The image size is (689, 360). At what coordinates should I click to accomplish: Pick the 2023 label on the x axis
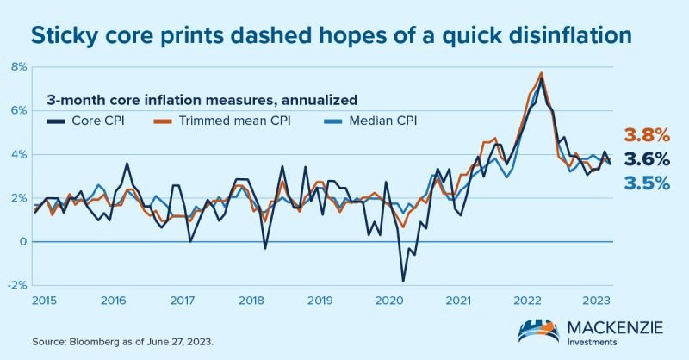point(598,301)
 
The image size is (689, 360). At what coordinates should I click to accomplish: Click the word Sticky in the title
point(62,35)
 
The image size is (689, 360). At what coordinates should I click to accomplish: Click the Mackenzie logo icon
point(539,330)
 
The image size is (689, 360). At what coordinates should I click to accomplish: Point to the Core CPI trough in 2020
point(402,281)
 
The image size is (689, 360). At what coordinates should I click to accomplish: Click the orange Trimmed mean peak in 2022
point(541,72)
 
